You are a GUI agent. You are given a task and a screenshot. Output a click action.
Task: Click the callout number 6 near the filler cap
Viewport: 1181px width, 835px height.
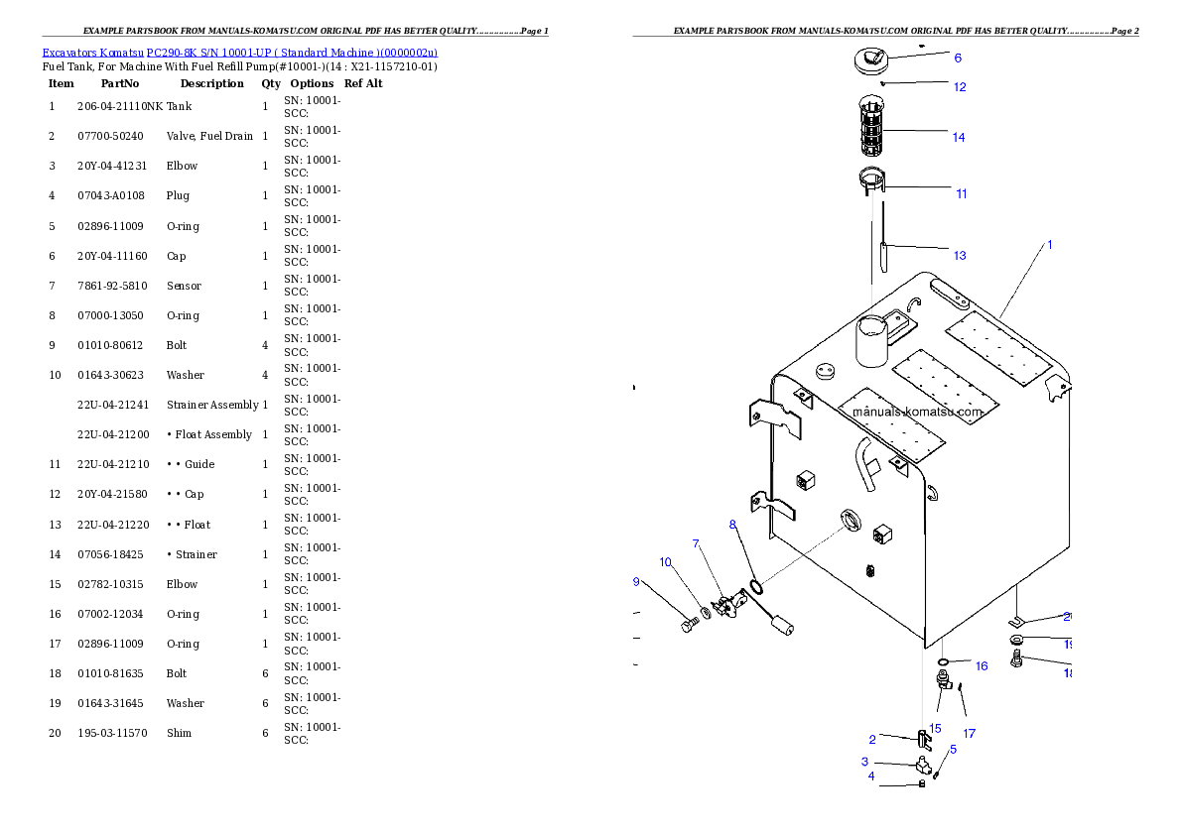(958, 58)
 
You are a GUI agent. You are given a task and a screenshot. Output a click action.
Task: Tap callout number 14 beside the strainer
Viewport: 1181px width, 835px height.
(959, 137)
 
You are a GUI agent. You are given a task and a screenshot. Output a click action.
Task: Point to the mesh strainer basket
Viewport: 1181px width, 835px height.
(871, 125)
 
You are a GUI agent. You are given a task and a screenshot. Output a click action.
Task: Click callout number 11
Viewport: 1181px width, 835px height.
(962, 193)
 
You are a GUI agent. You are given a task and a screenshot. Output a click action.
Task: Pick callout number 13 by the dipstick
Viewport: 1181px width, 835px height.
(960, 255)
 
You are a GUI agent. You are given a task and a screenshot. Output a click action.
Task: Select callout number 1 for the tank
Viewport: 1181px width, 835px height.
(1050, 244)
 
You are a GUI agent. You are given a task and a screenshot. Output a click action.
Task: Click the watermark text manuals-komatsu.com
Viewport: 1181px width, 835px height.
(917, 412)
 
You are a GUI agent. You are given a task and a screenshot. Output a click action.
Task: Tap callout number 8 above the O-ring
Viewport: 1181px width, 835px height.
(732, 524)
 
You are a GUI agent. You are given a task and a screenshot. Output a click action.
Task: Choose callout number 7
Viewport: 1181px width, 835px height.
(696, 543)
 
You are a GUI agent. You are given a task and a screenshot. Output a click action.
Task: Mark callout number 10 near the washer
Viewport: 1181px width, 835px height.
(665, 562)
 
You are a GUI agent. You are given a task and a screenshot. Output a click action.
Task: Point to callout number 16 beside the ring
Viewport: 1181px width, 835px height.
(982, 666)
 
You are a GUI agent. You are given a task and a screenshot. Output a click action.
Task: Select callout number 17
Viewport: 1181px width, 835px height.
(970, 734)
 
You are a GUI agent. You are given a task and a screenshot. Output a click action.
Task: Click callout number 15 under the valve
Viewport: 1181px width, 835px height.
(935, 728)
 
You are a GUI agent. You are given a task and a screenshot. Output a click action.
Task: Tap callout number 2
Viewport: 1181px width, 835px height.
(871, 739)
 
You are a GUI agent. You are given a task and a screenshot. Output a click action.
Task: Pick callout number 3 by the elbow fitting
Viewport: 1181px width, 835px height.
(864, 762)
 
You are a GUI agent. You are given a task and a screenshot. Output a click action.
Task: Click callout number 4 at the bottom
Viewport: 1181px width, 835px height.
(871, 776)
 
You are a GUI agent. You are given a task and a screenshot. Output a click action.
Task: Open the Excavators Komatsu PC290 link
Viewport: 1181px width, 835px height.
(239, 53)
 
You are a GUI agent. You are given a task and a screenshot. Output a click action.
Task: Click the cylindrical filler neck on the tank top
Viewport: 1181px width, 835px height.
(873, 342)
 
